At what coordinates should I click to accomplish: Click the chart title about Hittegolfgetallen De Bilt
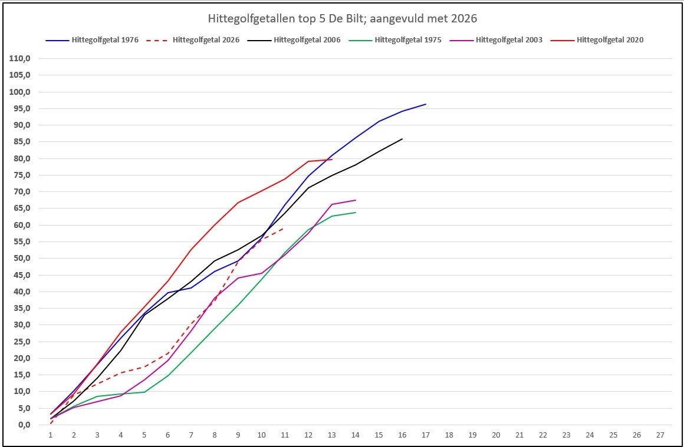(x=341, y=19)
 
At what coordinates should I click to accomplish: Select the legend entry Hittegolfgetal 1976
(x=92, y=40)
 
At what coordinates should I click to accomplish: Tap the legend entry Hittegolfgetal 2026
(x=193, y=40)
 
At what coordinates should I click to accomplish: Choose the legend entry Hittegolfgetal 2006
(x=294, y=40)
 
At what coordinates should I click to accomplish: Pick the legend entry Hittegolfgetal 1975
(x=395, y=40)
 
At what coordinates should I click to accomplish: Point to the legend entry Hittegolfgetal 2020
(x=597, y=40)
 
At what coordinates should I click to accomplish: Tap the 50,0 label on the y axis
(x=22, y=259)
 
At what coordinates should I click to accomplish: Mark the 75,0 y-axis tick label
(x=22, y=175)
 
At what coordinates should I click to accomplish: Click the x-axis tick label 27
(x=660, y=435)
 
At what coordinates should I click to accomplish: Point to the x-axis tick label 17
(x=426, y=435)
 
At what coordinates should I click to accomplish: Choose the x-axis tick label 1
(x=51, y=435)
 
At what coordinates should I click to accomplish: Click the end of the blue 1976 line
(x=426, y=104)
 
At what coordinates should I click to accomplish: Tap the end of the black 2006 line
(x=402, y=139)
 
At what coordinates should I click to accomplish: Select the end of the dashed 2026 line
(x=285, y=228)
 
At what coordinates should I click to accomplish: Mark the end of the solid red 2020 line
(x=332, y=160)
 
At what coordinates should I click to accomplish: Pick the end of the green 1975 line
(x=356, y=213)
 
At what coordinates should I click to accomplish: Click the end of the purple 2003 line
(x=356, y=200)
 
